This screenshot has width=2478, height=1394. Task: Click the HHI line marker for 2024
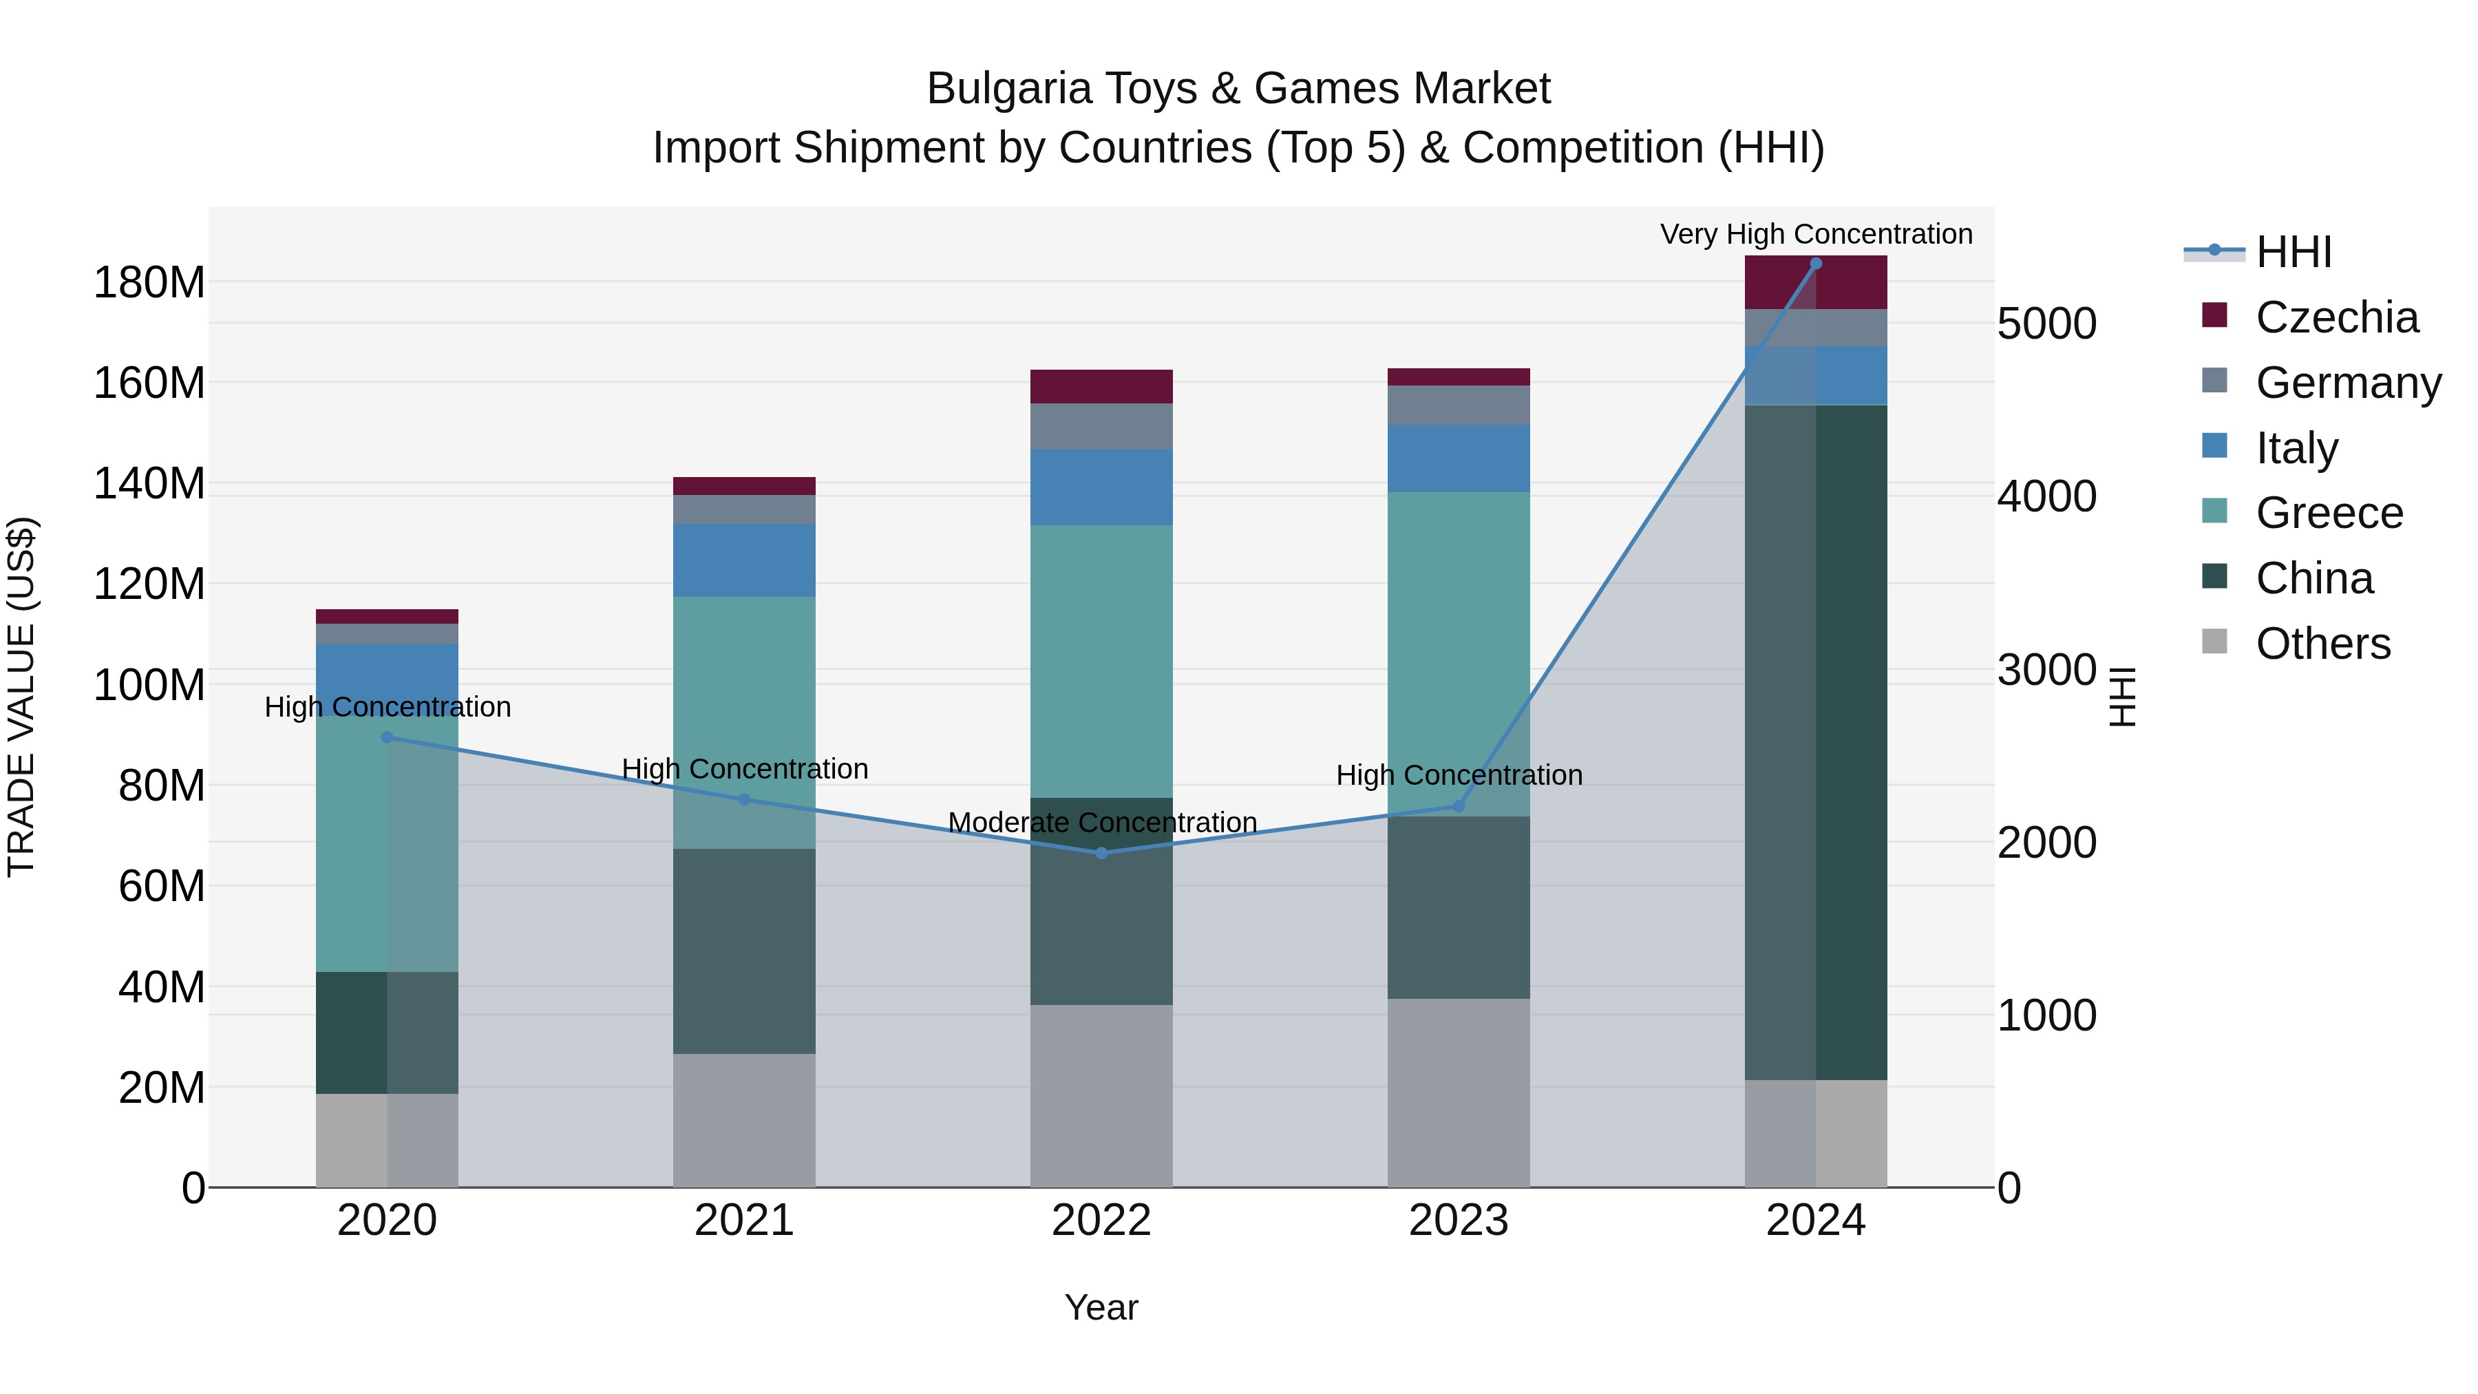(x=1815, y=264)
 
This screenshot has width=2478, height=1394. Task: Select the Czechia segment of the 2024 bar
(x=1815, y=283)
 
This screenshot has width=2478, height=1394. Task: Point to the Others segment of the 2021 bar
(x=743, y=1120)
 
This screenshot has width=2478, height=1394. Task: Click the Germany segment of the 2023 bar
(x=1459, y=405)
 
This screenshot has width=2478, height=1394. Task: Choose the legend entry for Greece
(x=2329, y=513)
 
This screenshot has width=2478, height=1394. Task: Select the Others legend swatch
(x=2214, y=642)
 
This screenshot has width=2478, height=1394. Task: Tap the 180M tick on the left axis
(x=149, y=283)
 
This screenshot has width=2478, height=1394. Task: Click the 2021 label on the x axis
(x=743, y=1221)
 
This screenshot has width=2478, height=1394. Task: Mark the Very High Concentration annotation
(x=1815, y=234)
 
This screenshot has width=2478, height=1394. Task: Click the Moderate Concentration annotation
(x=1101, y=823)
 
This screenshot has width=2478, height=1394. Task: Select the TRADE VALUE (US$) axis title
(x=21, y=697)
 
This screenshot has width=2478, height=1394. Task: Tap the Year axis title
(x=1101, y=1307)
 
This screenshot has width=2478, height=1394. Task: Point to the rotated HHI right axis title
(x=2121, y=697)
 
